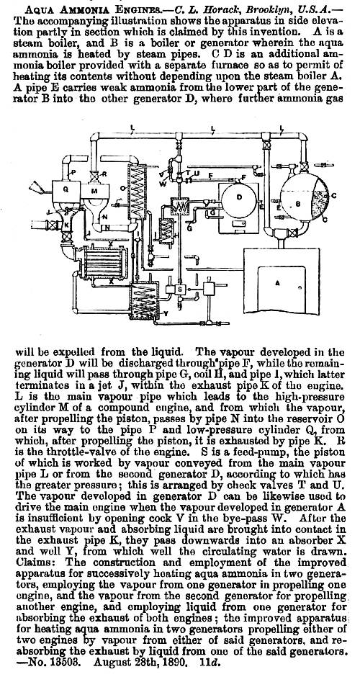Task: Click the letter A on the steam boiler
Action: click(277, 284)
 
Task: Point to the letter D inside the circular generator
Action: click(239, 197)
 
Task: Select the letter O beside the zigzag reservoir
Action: click(123, 188)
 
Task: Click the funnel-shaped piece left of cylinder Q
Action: click(37, 187)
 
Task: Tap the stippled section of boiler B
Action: click(319, 201)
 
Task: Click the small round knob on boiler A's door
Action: click(300, 287)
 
